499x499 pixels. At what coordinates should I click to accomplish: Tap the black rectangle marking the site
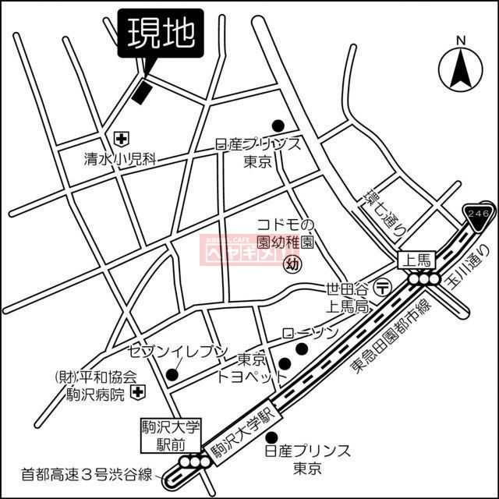(140, 90)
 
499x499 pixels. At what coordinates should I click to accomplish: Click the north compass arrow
(460, 67)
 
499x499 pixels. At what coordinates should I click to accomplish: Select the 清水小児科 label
(121, 159)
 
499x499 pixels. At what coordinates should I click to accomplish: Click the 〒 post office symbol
(383, 287)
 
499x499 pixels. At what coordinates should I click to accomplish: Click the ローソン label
(310, 333)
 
